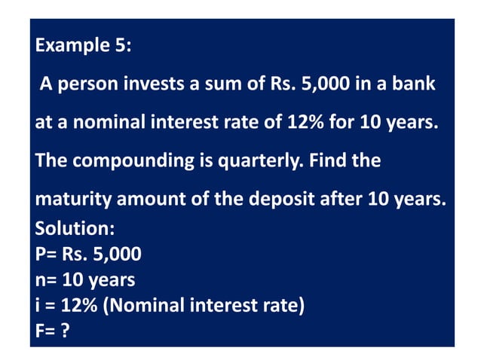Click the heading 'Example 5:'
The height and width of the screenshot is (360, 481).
(84, 45)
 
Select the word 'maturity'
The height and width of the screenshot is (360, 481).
(64, 200)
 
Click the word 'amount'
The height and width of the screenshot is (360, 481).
(133, 200)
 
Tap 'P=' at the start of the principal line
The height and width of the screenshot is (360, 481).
(46, 254)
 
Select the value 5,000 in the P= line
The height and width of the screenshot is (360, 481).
(118, 254)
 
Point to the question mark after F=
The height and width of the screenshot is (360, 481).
(66, 331)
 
